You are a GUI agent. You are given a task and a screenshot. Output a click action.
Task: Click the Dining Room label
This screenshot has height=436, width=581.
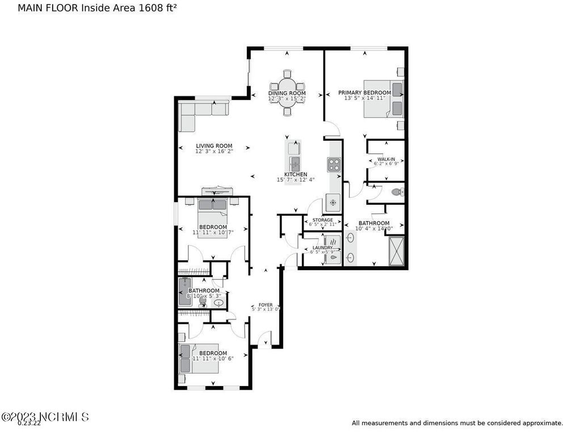[287, 93]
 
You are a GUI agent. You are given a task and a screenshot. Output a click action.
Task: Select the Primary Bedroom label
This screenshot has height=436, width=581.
[364, 93]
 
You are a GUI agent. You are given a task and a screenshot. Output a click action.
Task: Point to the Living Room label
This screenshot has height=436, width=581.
[214, 146]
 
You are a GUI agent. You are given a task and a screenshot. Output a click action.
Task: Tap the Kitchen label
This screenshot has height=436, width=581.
[296, 174]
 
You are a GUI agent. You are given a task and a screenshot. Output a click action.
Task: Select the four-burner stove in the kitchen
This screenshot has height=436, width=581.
[334, 165]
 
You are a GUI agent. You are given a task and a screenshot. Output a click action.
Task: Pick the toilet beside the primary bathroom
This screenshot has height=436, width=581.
[395, 192]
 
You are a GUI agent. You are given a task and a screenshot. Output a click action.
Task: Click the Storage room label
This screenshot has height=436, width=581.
[322, 220]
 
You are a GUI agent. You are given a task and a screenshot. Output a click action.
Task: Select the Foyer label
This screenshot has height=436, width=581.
[266, 304]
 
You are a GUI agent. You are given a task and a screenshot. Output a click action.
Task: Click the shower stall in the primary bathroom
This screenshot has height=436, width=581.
[395, 250]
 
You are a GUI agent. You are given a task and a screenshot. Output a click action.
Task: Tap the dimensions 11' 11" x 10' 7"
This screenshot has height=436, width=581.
[213, 233]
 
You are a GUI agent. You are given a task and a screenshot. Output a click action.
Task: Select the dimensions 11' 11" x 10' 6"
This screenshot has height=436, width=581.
[213, 358]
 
